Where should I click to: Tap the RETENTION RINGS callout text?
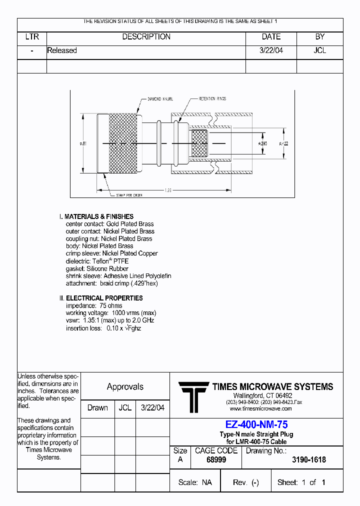[x=212, y=99]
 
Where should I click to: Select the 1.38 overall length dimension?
[x=168, y=190]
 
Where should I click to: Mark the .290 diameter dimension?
[x=262, y=143]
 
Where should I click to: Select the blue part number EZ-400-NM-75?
[x=256, y=424]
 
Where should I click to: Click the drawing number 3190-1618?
[x=308, y=459]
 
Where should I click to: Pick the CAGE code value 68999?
[x=216, y=459]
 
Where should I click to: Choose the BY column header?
[x=320, y=37]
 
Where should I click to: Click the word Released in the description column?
[x=62, y=50]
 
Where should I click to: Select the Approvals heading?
[x=125, y=386]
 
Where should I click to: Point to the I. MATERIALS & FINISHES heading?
[x=96, y=216]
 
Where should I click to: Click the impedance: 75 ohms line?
[x=94, y=305]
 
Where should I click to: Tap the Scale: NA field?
[x=195, y=482]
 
